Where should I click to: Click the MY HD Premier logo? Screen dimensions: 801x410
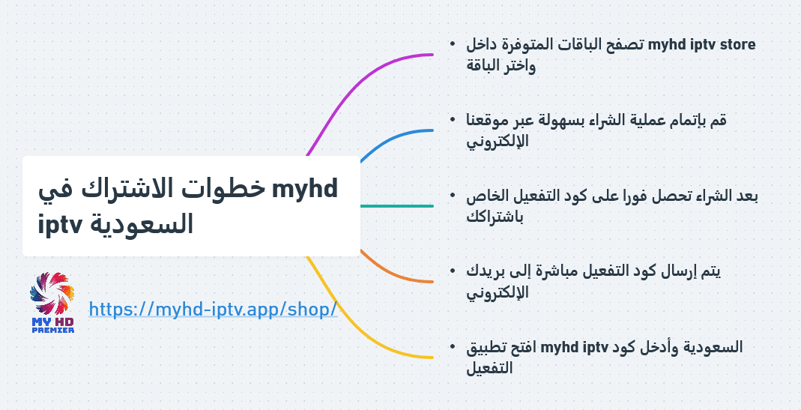(x=52, y=303)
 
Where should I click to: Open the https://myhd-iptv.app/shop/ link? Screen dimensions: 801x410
(x=213, y=309)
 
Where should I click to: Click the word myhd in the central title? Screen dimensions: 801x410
(x=305, y=189)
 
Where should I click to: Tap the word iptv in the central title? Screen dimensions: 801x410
(x=61, y=224)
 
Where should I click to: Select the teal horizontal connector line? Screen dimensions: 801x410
(x=397, y=206)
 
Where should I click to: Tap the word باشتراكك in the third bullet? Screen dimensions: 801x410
(x=495, y=217)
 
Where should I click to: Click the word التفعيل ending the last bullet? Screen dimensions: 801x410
(x=489, y=368)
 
